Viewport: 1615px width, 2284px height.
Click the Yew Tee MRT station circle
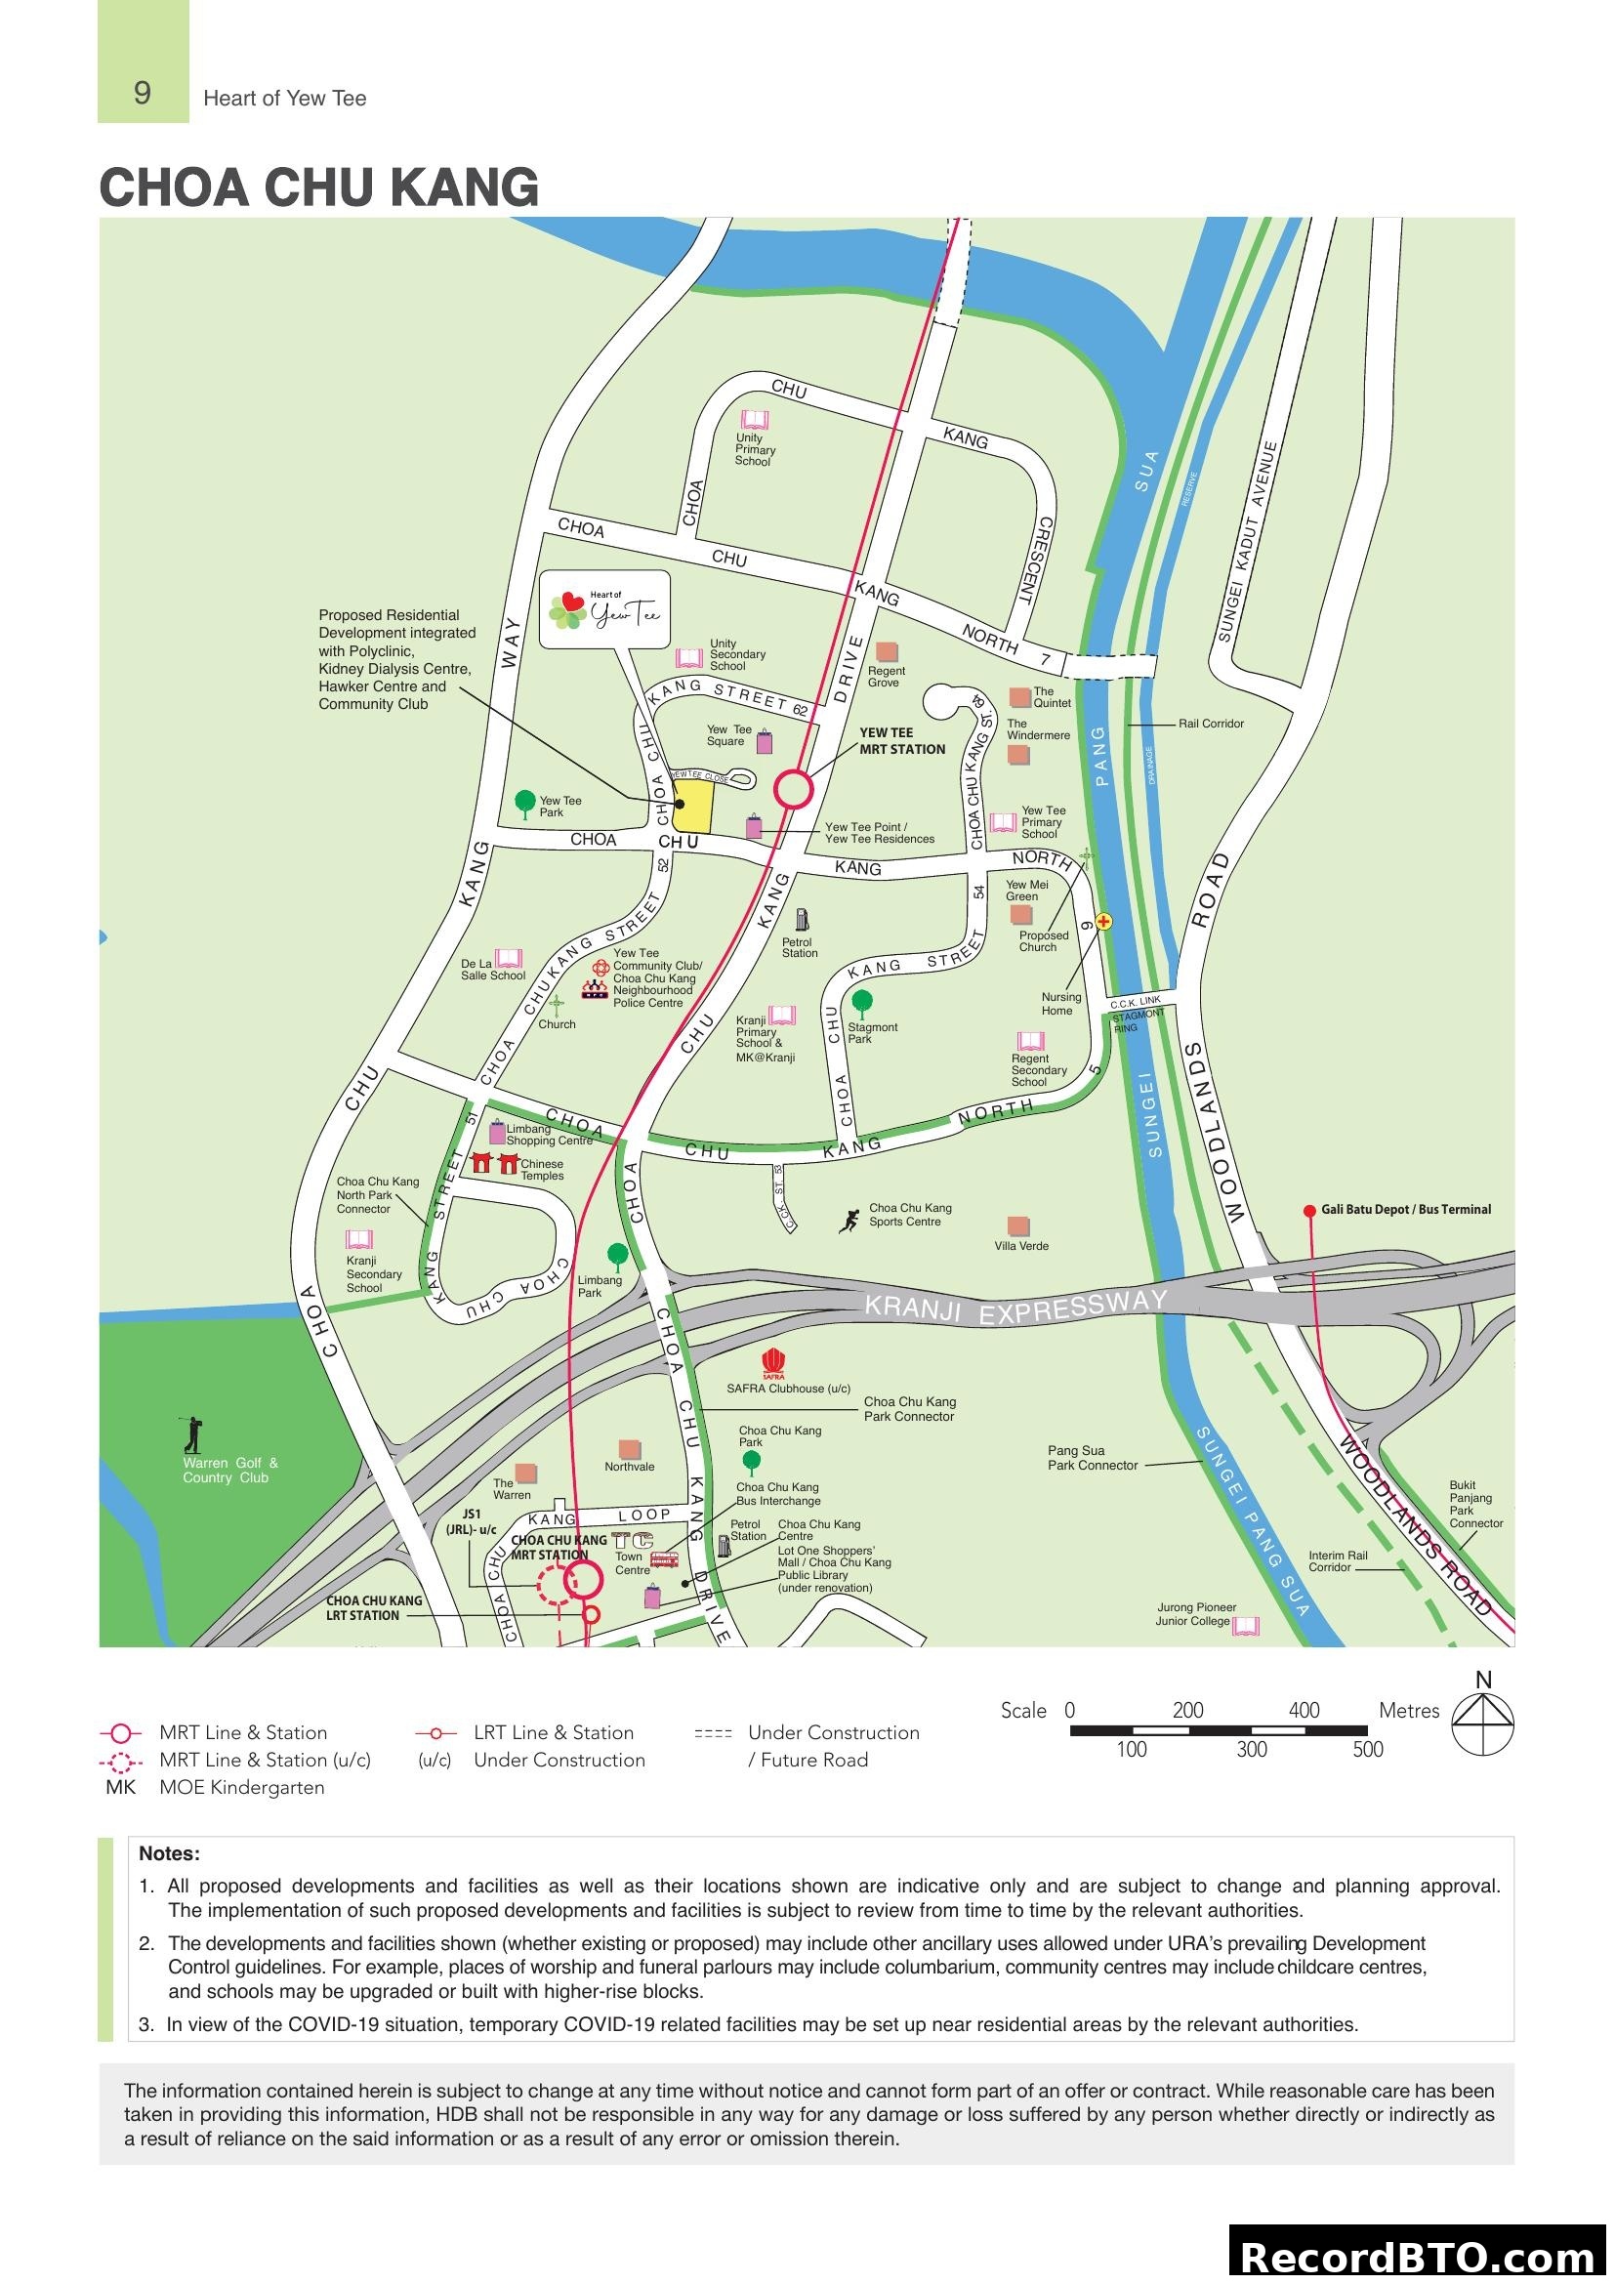(794, 790)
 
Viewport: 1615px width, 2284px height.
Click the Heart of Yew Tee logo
(604, 609)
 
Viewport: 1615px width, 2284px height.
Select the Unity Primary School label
(755, 449)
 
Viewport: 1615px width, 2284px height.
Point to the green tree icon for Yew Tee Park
(525, 802)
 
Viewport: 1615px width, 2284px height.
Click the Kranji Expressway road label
(1015, 1308)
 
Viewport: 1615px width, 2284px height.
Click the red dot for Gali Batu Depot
(1309, 1211)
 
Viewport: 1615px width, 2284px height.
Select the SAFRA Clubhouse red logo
(772, 1364)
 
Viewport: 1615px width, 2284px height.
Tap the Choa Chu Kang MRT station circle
(584, 1579)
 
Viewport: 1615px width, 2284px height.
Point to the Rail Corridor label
(1210, 724)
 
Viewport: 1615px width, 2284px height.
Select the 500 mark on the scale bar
(1367, 1750)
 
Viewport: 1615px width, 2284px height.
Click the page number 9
(143, 93)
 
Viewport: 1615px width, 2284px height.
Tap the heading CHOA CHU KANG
(318, 187)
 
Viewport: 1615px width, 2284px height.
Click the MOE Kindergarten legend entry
(241, 1788)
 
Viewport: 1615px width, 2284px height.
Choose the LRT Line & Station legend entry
(553, 1733)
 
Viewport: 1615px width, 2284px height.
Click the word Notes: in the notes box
(169, 1853)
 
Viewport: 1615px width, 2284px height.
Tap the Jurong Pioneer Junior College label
(1195, 1613)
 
